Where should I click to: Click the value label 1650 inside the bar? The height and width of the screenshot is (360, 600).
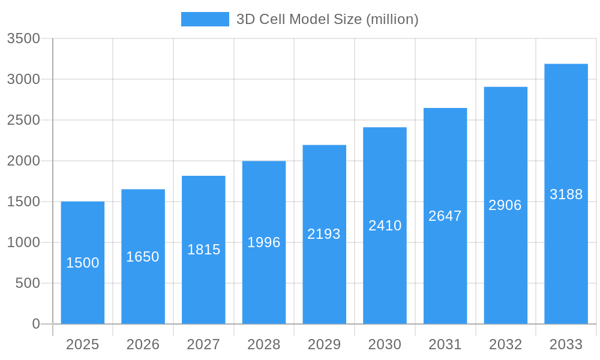click(x=143, y=257)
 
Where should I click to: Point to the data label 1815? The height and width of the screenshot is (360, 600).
click(x=203, y=250)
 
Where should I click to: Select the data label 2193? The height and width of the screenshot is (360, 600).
click(x=324, y=234)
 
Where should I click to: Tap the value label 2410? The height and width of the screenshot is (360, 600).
click(x=385, y=226)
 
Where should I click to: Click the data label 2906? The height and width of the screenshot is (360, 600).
click(x=505, y=205)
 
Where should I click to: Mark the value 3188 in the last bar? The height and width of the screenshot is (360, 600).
click(x=566, y=194)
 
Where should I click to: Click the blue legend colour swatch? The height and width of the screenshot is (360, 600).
click(x=205, y=19)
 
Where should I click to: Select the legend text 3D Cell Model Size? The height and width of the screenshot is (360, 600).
click(x=327, y=19)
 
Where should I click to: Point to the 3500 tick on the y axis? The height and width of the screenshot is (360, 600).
click(x=23, y=38)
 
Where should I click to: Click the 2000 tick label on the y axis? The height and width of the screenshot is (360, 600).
click(x=23, y=161)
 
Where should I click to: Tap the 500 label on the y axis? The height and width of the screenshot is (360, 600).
click(x=28, y=283)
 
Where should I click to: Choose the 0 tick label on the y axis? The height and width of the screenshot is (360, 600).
click(x=36, y=324)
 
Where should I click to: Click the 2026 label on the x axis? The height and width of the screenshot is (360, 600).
click(x=143, y=344)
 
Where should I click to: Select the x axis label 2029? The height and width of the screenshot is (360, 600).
click(x=324, y=344)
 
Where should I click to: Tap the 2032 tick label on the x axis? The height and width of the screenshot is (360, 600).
click(x=505, y=344)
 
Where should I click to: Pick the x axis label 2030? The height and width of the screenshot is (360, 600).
click(x=385, y=344)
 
